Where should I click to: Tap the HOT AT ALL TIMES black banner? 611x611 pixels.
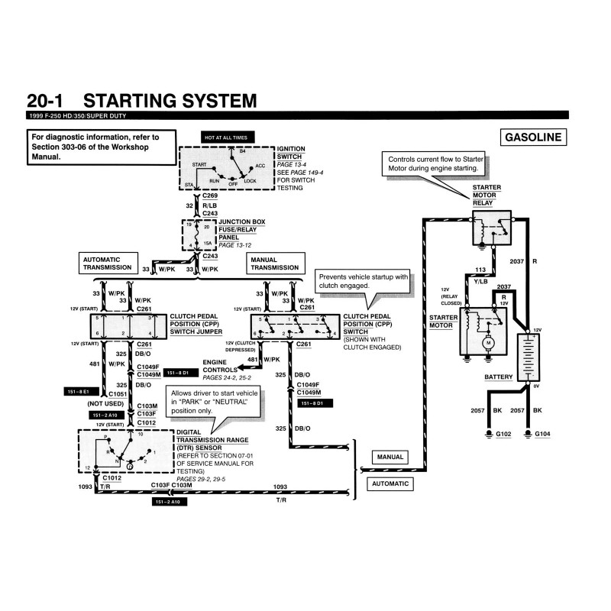click(x=225, y=137)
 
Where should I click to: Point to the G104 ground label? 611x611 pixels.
click(x=542, y=435)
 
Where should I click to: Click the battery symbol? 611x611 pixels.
click(x=527, y=358)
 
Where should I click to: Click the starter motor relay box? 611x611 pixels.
click(x=491, y=225)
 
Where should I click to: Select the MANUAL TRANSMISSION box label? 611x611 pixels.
click(x=275, y=263)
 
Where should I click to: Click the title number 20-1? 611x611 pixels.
click(x=49, y=101)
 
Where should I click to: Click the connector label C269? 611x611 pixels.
click(x=211, y=196)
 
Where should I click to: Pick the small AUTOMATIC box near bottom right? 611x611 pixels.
click(x=390, y=484)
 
